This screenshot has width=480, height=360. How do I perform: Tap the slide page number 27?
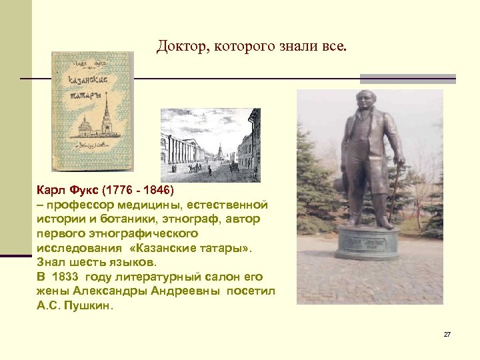click(447, 334)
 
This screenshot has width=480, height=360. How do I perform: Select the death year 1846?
click(157, 190)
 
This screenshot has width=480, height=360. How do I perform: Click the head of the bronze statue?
click(367, 100)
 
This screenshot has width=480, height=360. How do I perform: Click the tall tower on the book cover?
click(105, 117)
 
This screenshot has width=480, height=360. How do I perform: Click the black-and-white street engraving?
click(210, 145)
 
